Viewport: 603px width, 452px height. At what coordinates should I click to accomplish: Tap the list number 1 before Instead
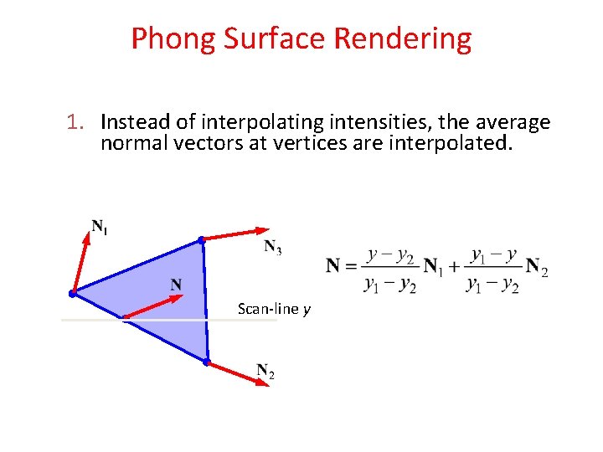78,123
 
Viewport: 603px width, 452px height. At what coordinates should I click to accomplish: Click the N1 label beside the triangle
99,226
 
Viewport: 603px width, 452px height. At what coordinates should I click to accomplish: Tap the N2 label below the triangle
265,371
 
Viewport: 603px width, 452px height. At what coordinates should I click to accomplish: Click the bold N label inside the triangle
177,285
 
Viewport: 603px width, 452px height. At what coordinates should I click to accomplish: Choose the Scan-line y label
274,310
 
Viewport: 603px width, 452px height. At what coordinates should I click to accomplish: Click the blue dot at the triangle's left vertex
73,293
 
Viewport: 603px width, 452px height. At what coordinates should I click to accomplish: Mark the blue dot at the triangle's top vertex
201,240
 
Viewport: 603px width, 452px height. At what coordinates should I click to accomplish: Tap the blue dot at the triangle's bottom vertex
207,362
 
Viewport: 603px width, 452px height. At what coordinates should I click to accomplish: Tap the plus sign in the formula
453,267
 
